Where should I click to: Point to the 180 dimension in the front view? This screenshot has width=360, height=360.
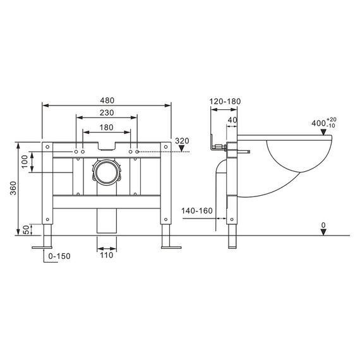(106, 127)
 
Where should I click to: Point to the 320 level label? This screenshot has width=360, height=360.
(182, 141)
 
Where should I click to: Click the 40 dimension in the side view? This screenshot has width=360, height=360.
(232, 119)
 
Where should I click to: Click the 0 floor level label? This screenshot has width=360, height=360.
(323, 225)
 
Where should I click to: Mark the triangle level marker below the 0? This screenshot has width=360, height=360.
(323, 232)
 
